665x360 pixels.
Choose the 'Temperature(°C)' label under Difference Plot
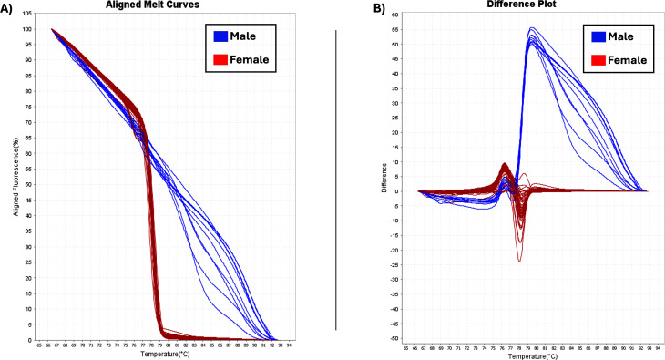(533, 356)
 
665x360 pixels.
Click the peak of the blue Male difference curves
(531, 28)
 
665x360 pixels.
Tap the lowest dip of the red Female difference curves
(519, 262)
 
